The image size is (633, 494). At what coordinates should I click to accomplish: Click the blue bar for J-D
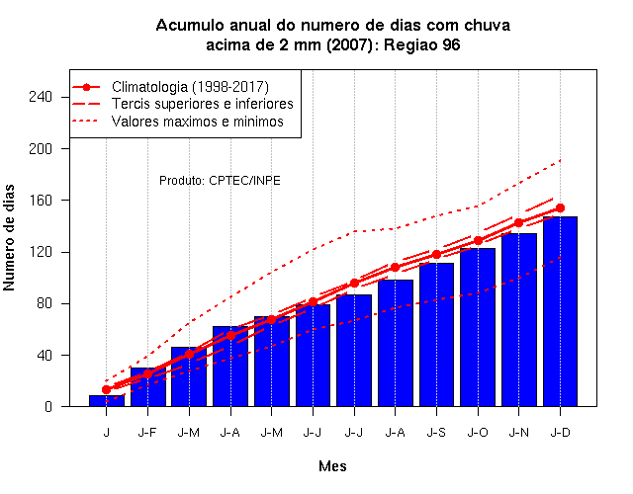[x=560, y=311]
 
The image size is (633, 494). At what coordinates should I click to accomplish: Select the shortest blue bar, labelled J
[x=107, y=401]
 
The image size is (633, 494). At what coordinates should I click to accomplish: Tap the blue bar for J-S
[x=436, y=335]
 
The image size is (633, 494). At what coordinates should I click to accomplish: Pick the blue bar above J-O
[x=478, y=327]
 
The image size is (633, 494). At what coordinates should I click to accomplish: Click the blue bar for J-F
[x=147, y=387]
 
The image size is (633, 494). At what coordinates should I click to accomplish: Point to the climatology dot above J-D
[x=560, y=208]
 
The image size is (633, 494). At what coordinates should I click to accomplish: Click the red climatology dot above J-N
[x=518, y=222]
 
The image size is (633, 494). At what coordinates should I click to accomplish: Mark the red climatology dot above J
[x=106, y=389]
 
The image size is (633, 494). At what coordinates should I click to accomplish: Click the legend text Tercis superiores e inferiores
[x=202, y=104]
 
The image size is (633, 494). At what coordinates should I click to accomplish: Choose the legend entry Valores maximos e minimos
[x=198, y=121]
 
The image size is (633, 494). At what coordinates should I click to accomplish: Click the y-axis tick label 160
[x=41, y=201]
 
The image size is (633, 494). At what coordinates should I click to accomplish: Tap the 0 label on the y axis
[x=48, y=406]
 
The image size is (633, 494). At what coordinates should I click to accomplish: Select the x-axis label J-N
[x=518, y=433]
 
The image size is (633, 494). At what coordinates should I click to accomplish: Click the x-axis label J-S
[x=436, y=433]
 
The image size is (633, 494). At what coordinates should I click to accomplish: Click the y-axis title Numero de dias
[x=9, y=237]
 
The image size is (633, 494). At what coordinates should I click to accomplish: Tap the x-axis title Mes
[x=332, y=466]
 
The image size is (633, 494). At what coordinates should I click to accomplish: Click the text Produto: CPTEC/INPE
[x=220, y=180]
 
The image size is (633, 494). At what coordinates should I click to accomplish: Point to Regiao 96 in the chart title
[x=422, y=44]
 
